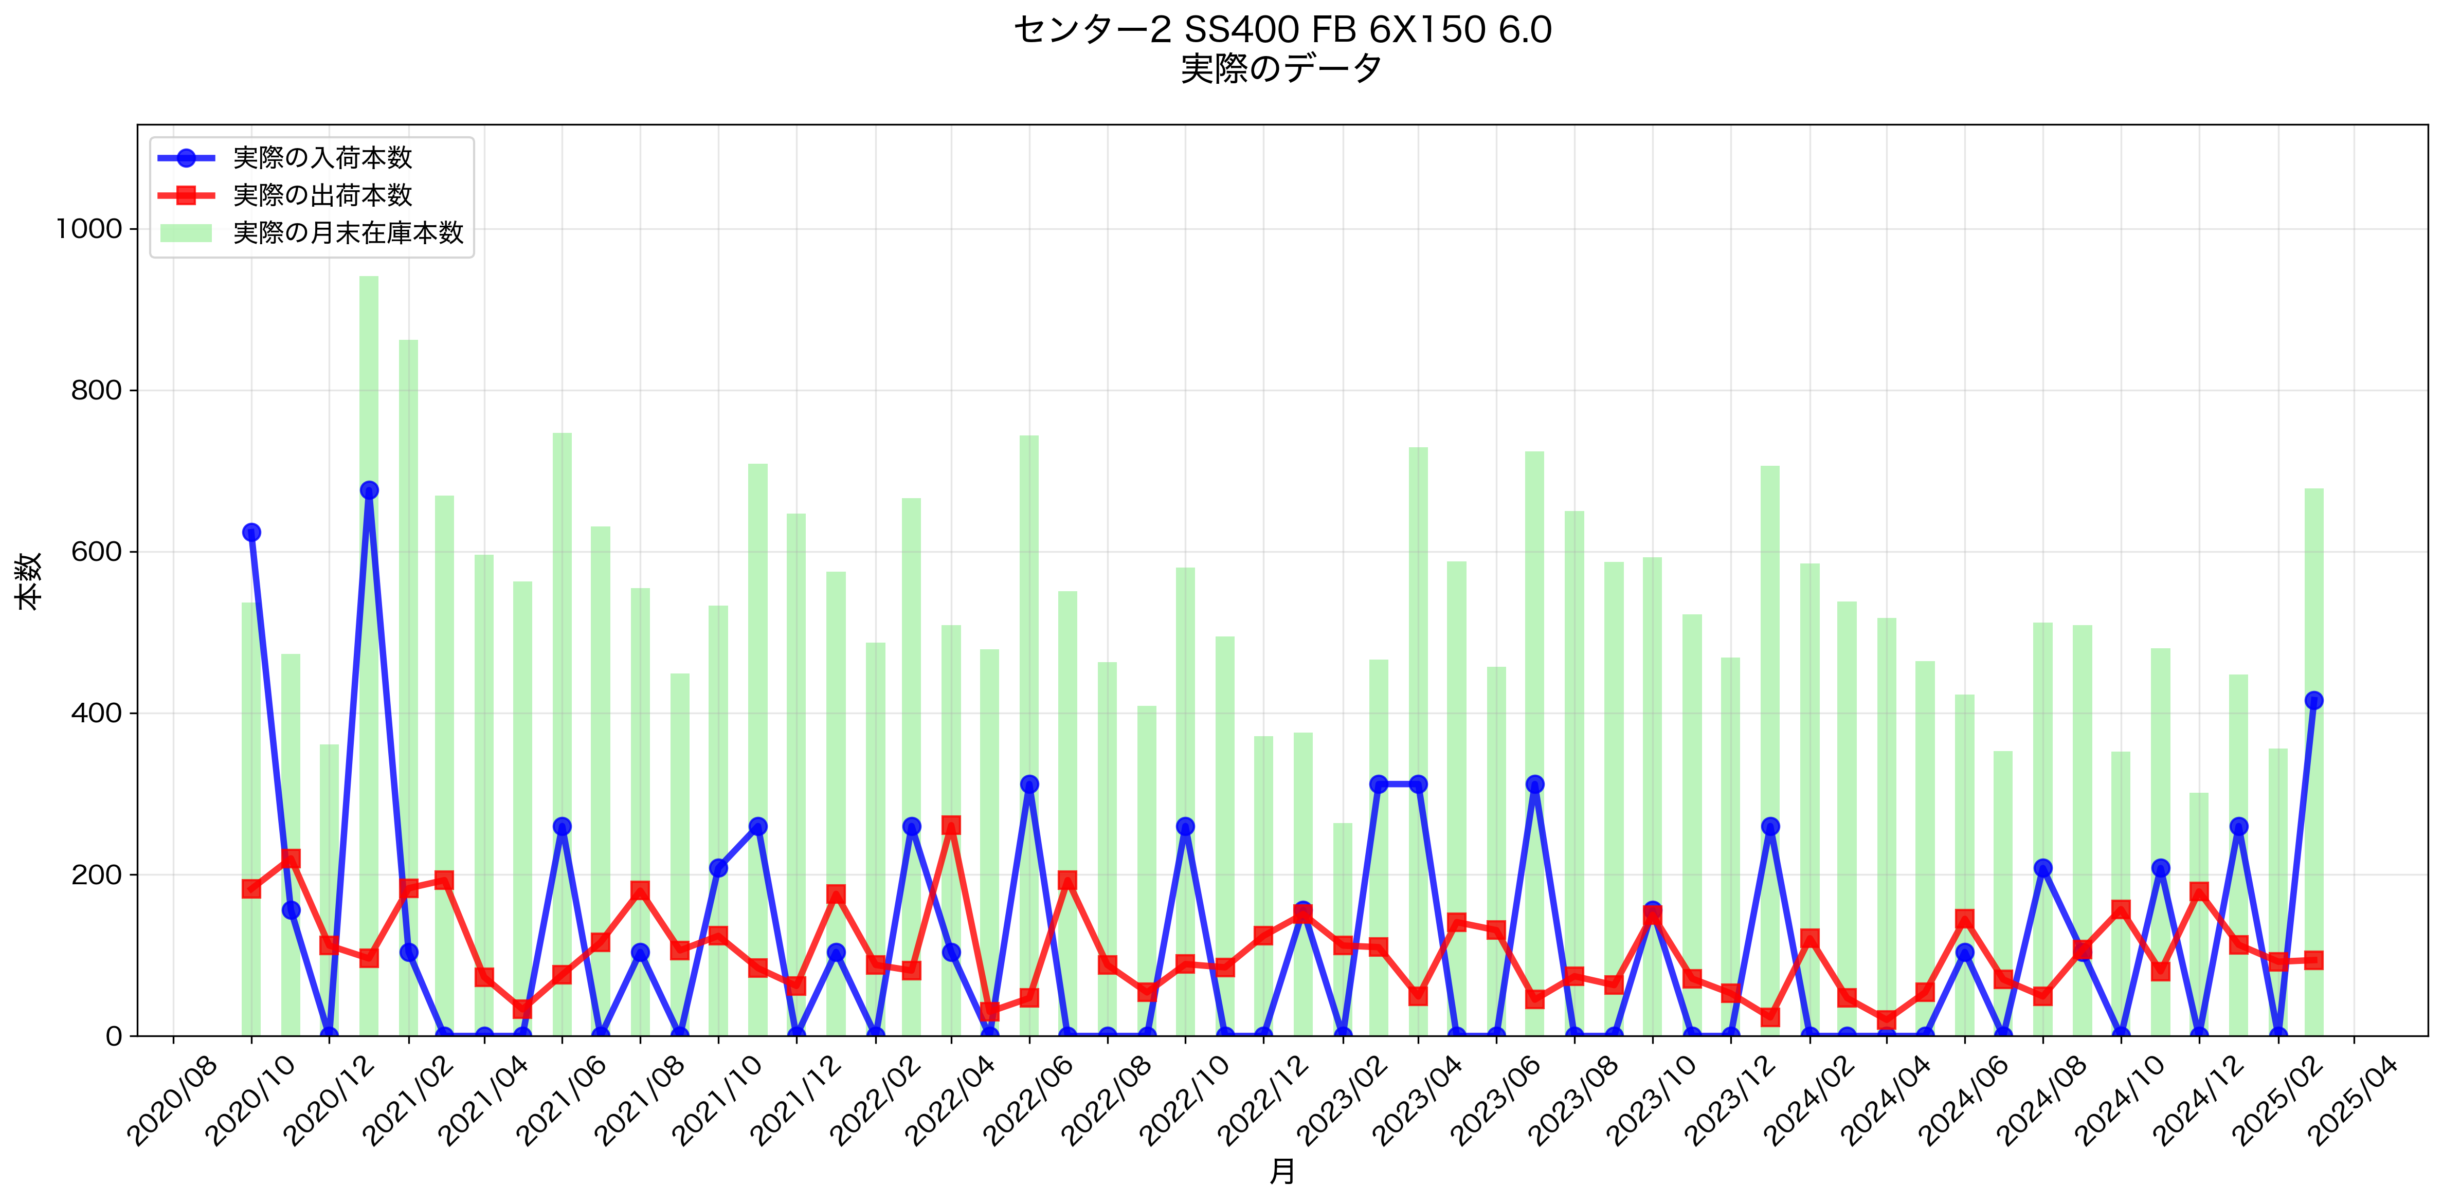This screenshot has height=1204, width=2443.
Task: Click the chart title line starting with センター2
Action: (x=1282, y=30)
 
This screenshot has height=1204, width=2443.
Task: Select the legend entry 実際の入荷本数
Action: (x=322, y=157)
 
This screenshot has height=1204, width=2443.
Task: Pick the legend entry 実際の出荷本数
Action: (x=322, y=195)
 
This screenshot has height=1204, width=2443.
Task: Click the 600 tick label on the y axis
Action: (x=97, y=552)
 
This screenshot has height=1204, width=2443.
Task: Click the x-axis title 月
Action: (x=1282, y=1172)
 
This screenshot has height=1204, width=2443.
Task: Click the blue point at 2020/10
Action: (x=251, y=533)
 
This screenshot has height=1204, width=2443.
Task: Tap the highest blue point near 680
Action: (x=369, y=490)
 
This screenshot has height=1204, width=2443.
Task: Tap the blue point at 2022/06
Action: (x=1029, y=784)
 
